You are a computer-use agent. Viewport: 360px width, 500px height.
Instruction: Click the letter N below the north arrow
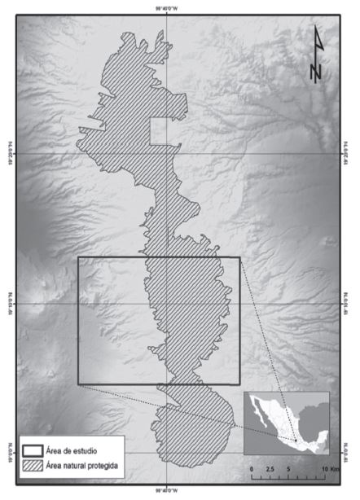pos(316,71)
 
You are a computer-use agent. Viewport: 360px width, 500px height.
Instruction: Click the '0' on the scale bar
pos(252,471)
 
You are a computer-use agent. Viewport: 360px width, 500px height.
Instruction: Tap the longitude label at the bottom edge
pos(164,491)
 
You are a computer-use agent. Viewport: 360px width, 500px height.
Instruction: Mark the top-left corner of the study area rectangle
pos(78,258)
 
